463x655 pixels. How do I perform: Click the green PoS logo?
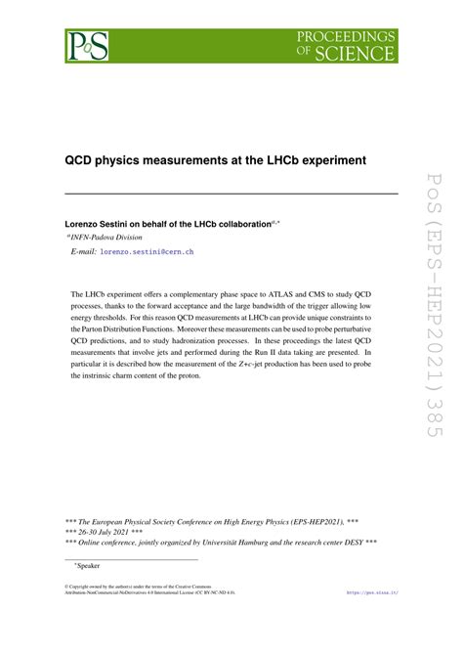click(x=86, y=46)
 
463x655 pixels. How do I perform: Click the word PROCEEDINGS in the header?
click(x=347, y=37)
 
